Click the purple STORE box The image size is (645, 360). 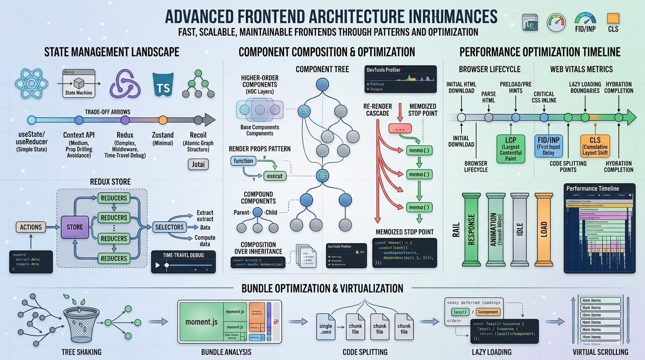click(x=75, y=227)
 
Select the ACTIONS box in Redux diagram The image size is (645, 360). click(x=31, y=227)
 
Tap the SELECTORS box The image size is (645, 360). click(x=169, y=227)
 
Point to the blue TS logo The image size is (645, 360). click(x=163, y=85)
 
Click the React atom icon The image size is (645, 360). click(x=32, y=85)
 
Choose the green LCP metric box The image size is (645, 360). click(x=510, y=149)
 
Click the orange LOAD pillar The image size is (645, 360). click(x=544, y=226)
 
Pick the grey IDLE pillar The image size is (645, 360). click(x=519, y=226)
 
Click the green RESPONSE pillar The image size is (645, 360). click(x=472, y=226)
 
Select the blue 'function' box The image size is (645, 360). click(x=244, y=161)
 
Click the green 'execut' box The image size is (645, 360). click(x=275, y=176)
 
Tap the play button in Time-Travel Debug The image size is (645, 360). click(x=157, y=265)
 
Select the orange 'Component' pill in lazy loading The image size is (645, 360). click(x=488, y=312)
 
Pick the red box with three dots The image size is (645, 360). click(x=400, y=128)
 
